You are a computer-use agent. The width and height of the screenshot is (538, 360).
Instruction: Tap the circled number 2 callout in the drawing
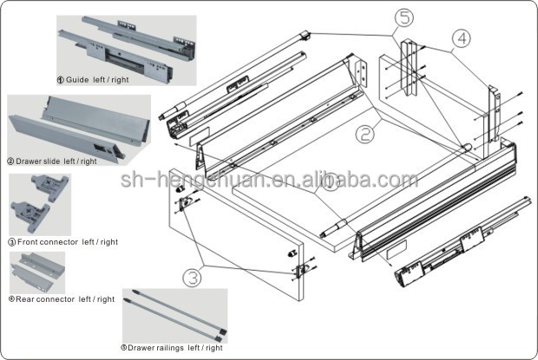click(364, 134)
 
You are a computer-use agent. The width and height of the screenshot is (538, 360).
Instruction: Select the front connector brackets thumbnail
click(39, 205)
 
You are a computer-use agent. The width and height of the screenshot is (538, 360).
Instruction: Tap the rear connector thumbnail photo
click(36, 272)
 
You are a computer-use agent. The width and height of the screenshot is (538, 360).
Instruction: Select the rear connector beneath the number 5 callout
click(407, 69)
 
